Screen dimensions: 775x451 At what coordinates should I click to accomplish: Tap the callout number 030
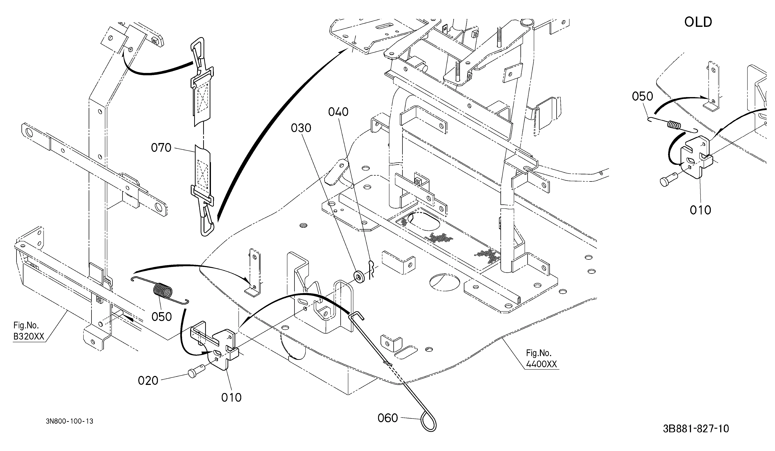(301, 128)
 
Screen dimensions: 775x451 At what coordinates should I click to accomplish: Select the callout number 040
(338, 112)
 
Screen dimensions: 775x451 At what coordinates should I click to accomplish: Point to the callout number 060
(388, 418)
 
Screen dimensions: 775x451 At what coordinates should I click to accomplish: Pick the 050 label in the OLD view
(642, 97)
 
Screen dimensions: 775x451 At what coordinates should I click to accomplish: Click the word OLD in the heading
(698, 22)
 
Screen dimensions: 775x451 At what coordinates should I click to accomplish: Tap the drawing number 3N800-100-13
(70, 421)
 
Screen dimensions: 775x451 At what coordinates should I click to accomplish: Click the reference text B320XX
(29, 337)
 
